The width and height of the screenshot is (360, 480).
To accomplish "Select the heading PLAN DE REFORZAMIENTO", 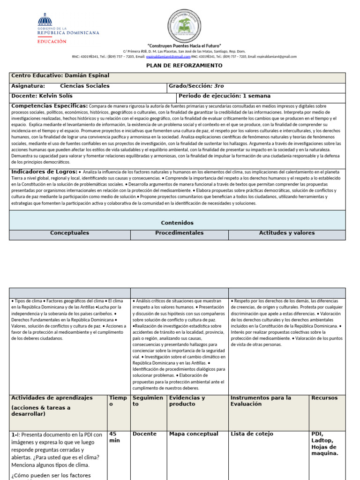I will click(184, 66).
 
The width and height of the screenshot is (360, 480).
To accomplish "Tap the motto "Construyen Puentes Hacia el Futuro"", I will click(184, 45).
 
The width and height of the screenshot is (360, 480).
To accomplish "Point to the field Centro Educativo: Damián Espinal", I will click(60, 75).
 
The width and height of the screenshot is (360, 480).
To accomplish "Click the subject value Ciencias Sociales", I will click(85, 86).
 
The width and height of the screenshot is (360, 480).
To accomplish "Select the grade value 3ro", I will click(218, 86).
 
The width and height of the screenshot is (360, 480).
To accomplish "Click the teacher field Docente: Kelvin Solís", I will click(42, 96).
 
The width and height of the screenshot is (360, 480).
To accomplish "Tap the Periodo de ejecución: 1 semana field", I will click(224, 96).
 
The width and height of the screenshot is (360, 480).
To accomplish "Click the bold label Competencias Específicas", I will click(49, 106).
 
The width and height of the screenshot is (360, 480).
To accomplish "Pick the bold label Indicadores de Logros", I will click(44, 172).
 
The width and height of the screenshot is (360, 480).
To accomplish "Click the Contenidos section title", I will click(177, 223).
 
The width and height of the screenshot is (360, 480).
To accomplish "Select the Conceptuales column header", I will click(69, 233).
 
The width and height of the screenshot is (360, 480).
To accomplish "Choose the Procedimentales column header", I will click(180, 233).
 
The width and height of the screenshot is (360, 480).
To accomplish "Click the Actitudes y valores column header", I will click(287, 233).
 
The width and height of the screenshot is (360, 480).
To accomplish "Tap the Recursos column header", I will click(324, 398).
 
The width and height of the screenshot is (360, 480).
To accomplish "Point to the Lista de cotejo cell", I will click(252, 434).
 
